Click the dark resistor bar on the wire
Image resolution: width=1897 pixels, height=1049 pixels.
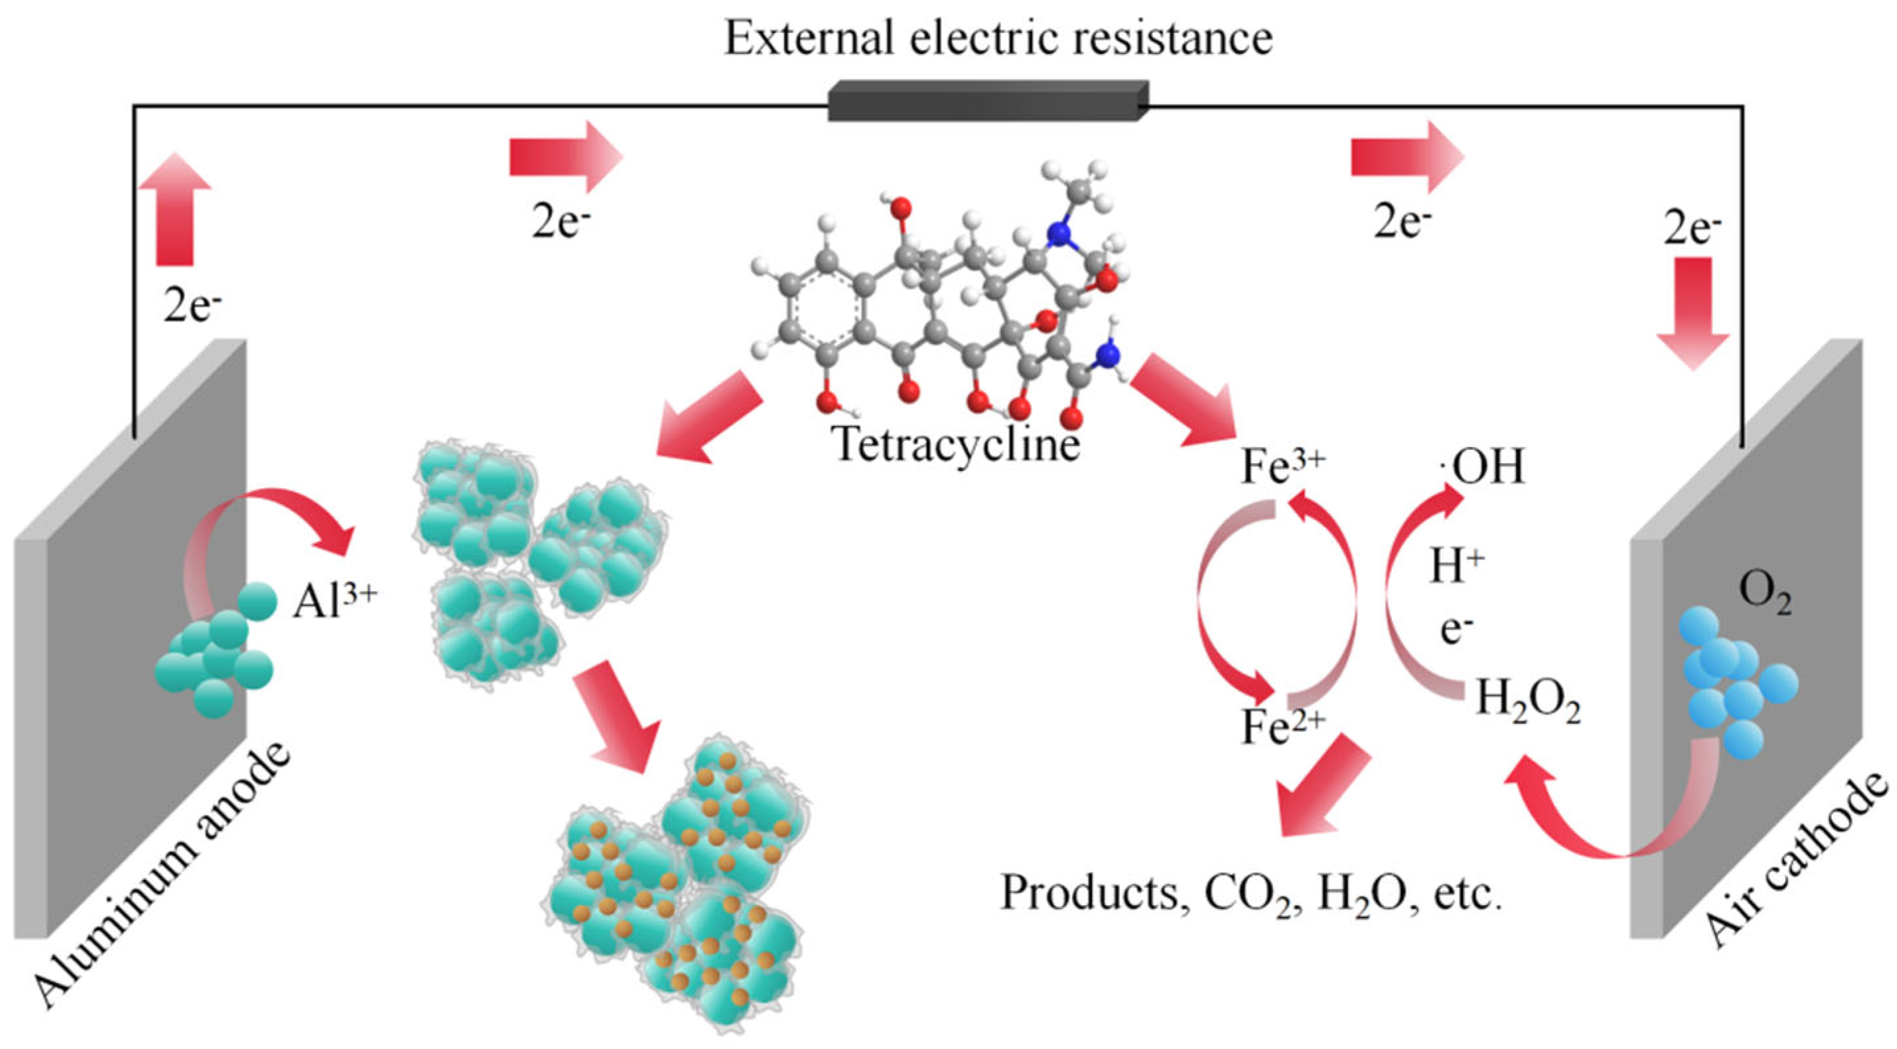pyautogui.click(x=986, y=102)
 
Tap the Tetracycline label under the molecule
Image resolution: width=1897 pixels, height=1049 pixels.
pyautogui.click(x=956, y=444)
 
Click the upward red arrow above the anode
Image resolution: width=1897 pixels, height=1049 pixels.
pyautogui.click(x=174, y=210)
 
